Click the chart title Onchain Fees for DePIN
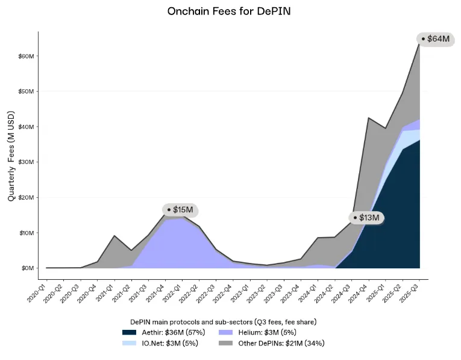click(x=230, y=11)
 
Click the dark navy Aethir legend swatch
click(x=129, y=332)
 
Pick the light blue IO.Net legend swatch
click(x=129, y=343)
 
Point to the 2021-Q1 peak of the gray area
click(x=115, y=236)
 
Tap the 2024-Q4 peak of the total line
click(x=369, y=118)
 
